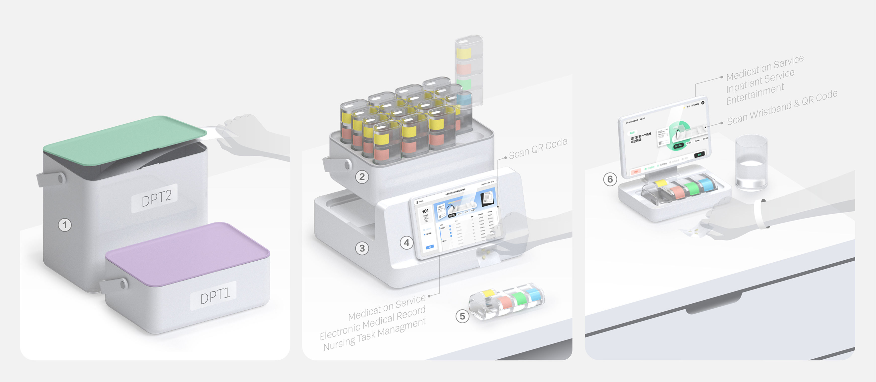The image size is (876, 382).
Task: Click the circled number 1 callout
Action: (65, 225)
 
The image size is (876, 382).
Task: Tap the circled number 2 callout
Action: (362, 177)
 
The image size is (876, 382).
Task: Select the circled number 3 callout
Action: (362, 248)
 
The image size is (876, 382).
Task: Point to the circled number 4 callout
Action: (406, 243)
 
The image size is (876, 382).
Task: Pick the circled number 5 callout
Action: (462, 316)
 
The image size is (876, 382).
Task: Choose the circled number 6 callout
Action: (610, 179)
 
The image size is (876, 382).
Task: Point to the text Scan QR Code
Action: (538, 148)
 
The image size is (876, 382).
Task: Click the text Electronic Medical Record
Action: (372, 323)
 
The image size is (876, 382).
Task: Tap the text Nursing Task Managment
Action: (374, 335)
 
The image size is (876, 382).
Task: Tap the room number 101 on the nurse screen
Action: (425, 211)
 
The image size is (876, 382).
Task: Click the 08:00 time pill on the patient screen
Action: (678, 145)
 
